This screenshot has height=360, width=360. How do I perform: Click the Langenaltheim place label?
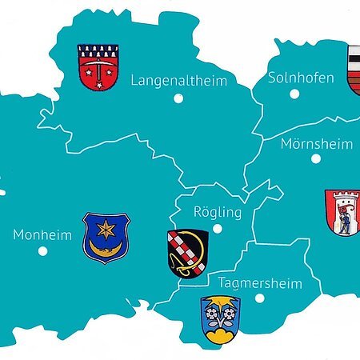[x=178, y=81]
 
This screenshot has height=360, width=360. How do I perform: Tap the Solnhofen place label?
[x=294, y=78]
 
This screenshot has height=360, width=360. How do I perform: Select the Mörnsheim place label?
[x=316, y=144]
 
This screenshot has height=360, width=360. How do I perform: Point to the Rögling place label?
[x=218, y=213]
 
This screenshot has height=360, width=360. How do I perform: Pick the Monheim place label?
[x=42, y=235]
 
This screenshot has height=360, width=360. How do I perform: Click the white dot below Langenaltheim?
[x=178, y=98]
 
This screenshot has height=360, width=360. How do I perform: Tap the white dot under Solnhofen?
[x=294, y=94]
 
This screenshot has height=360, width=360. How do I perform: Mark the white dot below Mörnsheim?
[x=316, y=158]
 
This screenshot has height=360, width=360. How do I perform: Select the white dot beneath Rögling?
[x=217, y=228]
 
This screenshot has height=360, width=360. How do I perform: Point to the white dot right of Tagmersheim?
[x=258, y=298]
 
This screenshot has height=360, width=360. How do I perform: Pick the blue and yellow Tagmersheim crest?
[x=220, y=318]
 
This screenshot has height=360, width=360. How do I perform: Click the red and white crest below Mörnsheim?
[x=342, y=211]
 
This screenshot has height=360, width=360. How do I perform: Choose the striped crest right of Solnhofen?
[x=353, y=70]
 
